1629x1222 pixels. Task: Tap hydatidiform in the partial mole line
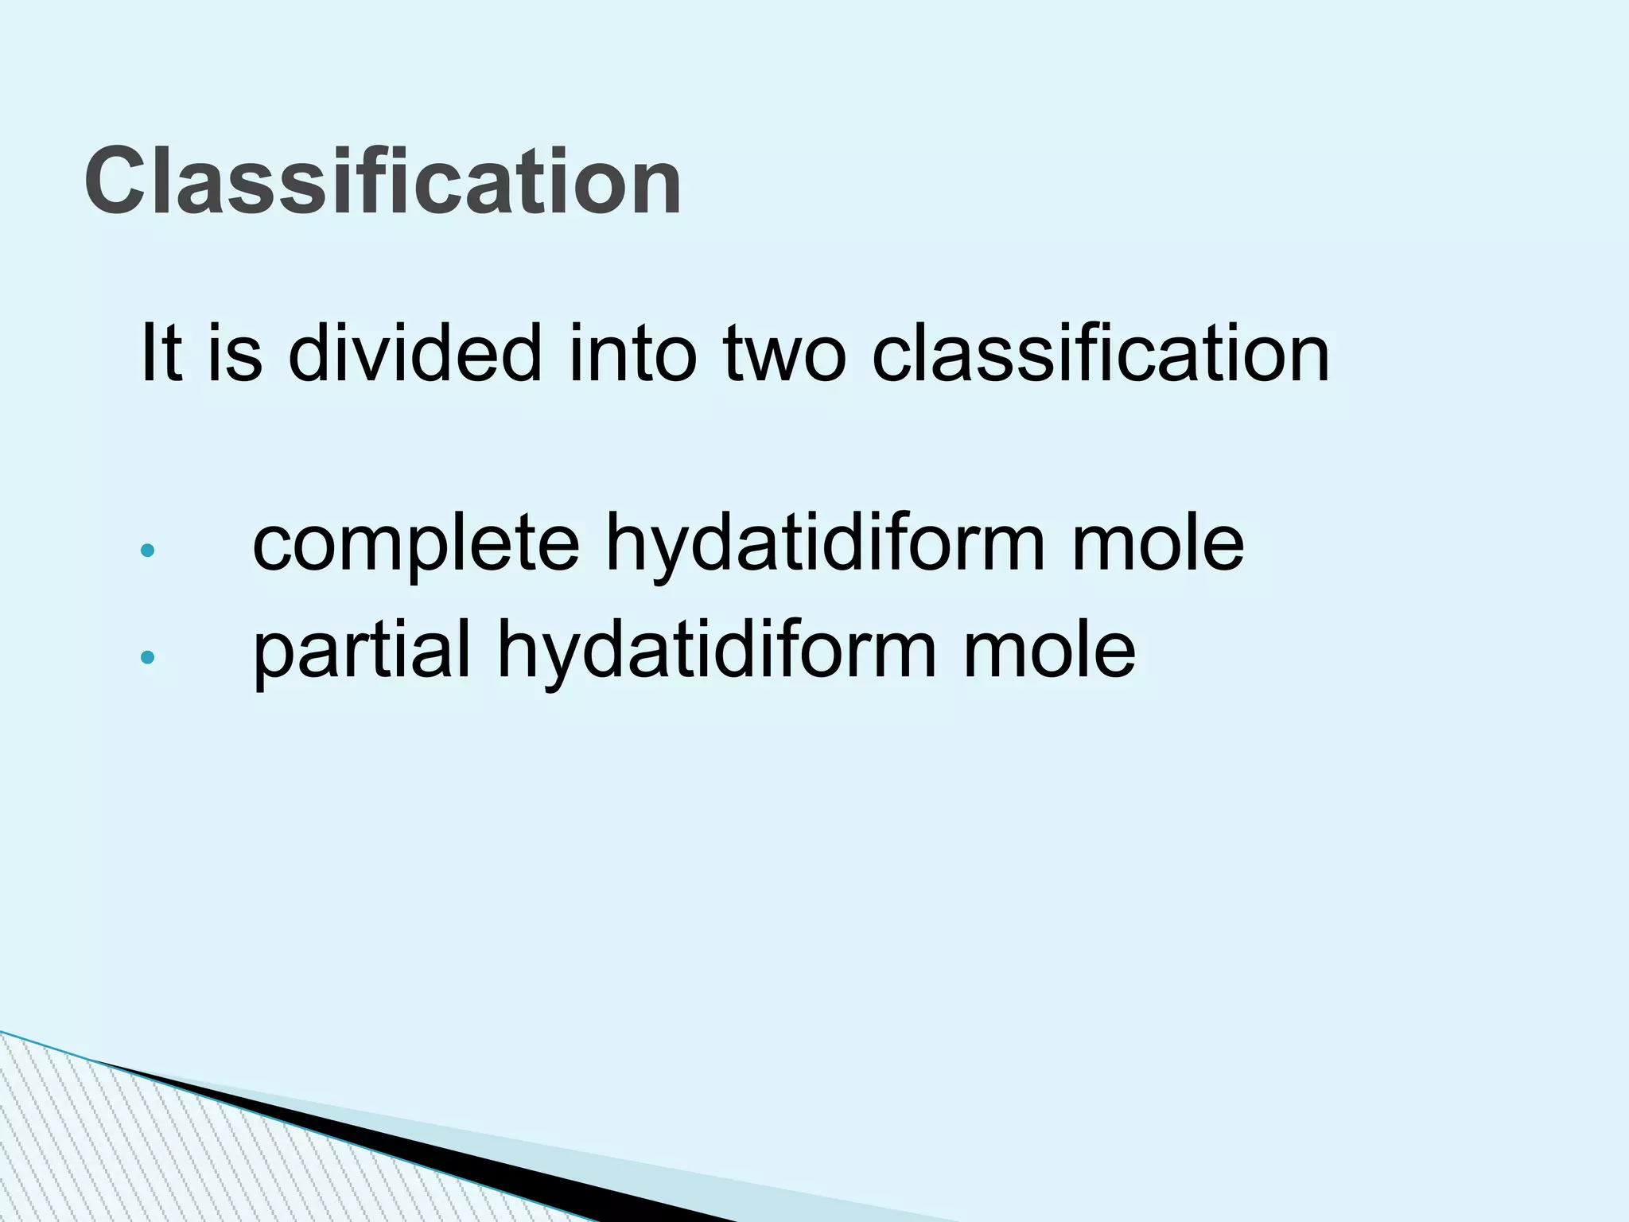tap(717, 653)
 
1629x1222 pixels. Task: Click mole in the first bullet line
tap(1157, 545)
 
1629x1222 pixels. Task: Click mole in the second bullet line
tap(1049, 652)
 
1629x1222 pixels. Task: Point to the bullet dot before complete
tap(147, 551)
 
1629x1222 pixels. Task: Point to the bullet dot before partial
tap(147, 657)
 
